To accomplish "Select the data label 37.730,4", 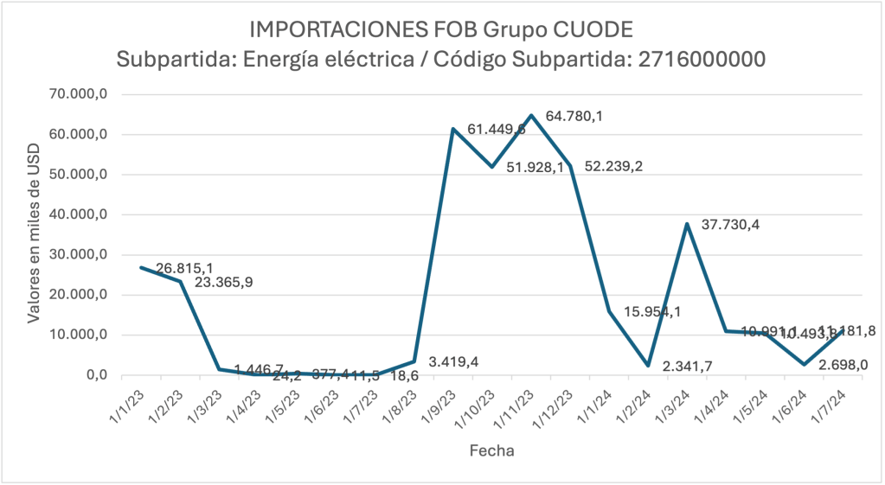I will pyautogui.click(x=729, y=225).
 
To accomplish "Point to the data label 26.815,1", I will pyautogui.click(x=186, y=269).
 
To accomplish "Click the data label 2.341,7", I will pyautogui.click(x=692, y=367).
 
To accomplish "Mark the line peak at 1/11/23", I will pyautogui.click(x=531, y=115).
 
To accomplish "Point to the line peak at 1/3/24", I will pyautogui.click(x=687, y=224).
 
